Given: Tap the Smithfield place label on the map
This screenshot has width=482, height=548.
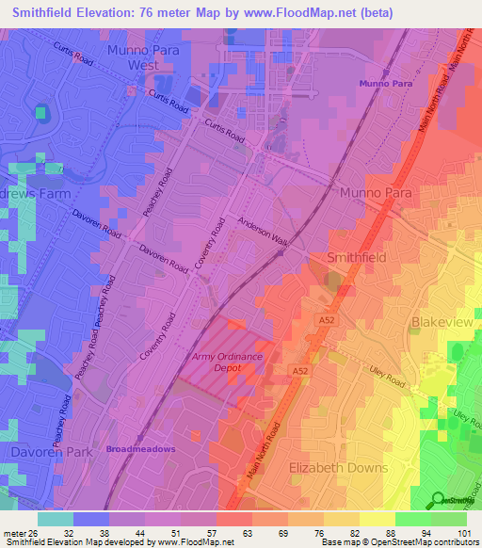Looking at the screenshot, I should click(x=357, y=257).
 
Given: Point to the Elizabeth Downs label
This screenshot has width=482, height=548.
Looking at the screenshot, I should click(x=338, y=468).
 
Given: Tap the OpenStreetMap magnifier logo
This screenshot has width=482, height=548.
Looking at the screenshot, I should click(x=438, y=499).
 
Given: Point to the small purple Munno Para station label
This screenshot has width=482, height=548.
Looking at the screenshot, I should click(x=384, y=84).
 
